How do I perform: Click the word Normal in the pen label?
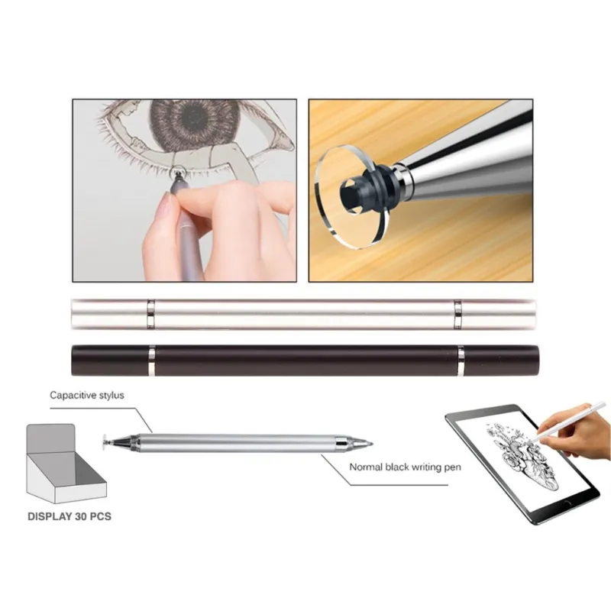[365, 467]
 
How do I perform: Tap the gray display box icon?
[66, 464]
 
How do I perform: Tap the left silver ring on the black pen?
[151, 360]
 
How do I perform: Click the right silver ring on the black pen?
[461, 360]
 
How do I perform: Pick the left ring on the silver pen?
[150, 315]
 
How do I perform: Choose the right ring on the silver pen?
[457, 315]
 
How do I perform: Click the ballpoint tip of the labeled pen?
[370, 444]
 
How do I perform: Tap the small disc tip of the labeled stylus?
[105, 443]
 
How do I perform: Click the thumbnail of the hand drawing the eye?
[184, 190]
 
